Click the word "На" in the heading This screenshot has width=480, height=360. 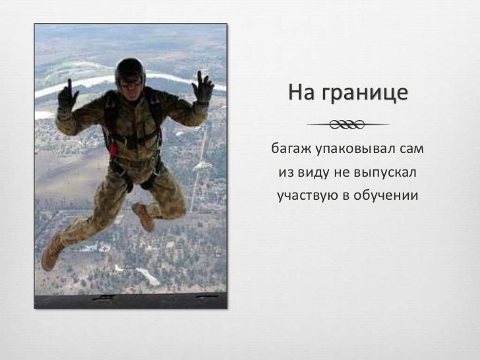click(303, 94)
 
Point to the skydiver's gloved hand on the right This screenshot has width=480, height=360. click(203, 88)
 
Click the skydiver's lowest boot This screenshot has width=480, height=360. click(51, 253)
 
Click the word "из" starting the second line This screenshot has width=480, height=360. click(285, 172)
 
